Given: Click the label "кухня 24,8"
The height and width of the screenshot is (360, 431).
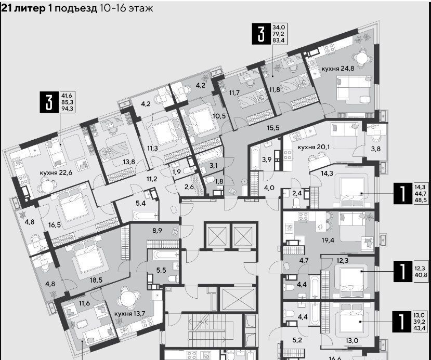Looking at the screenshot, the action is click(x=338, y=69).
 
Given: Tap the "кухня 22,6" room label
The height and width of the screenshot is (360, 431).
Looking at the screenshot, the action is click(x=56, y=172).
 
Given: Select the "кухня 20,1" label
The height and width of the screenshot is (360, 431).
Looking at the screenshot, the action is click(x=314, y=147).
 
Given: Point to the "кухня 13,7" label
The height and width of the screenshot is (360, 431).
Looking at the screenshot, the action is click(x=129, y=313).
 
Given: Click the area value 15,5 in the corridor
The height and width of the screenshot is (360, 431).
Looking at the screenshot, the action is click(x=273, y=128).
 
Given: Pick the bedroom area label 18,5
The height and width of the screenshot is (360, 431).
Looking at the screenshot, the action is click(x=96, y=280).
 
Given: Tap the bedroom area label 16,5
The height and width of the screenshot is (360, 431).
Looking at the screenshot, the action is click(x=55, y=225).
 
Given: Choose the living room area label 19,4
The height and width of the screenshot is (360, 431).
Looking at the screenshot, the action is click(x=328, y=241).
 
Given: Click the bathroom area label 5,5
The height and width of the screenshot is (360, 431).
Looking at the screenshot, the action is click(x=161, y=270).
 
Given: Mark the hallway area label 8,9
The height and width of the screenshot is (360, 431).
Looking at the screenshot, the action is click(x=157, y=230).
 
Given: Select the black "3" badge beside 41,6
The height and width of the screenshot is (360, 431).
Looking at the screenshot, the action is click(x=49, y=102).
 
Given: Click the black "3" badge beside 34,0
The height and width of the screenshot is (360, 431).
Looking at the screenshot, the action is click(x=261, y=34).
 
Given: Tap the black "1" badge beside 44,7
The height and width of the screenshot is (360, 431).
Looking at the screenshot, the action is click(x=403, y=193).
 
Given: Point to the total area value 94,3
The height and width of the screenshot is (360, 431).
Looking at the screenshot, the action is click(x=67, y=109).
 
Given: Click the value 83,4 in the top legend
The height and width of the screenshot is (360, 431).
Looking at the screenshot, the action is click(x=279, y=41).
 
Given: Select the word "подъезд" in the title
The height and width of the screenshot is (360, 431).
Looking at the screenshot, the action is click(x=76, y=8).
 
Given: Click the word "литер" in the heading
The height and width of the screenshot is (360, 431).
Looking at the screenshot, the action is click(x=30, y=8).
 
